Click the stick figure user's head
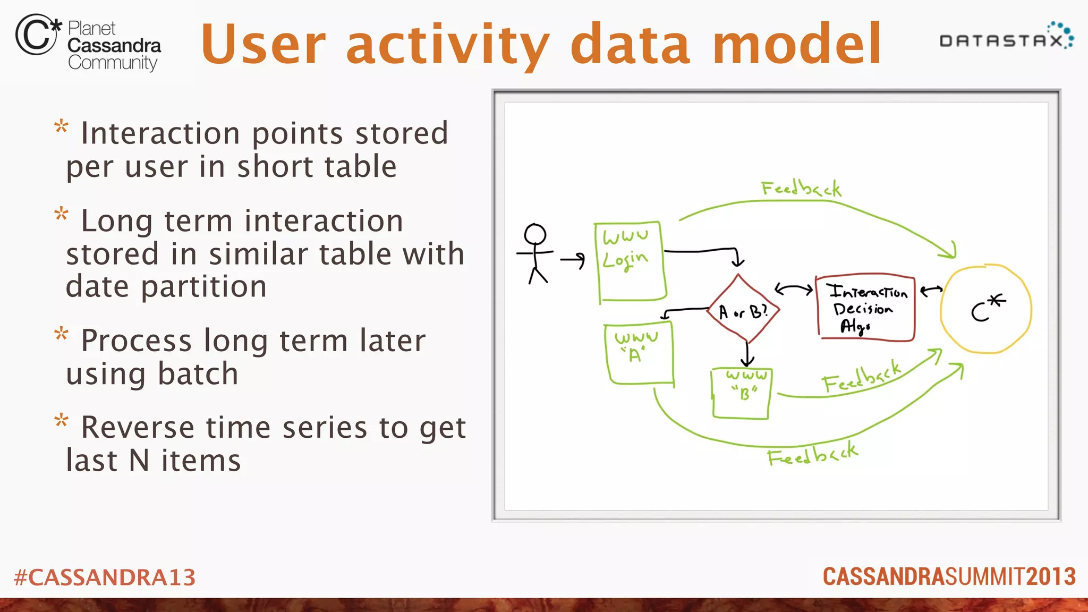535,234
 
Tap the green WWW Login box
631,261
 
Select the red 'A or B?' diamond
743,310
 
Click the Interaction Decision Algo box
865,308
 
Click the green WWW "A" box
639,353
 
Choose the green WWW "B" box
742,393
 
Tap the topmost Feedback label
801,189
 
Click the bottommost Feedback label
812,454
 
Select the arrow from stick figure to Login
573,260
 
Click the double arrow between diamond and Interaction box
794,290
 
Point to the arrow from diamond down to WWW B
747,353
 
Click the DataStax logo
1006,37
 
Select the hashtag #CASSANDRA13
105,577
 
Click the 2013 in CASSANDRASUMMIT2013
1050,577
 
